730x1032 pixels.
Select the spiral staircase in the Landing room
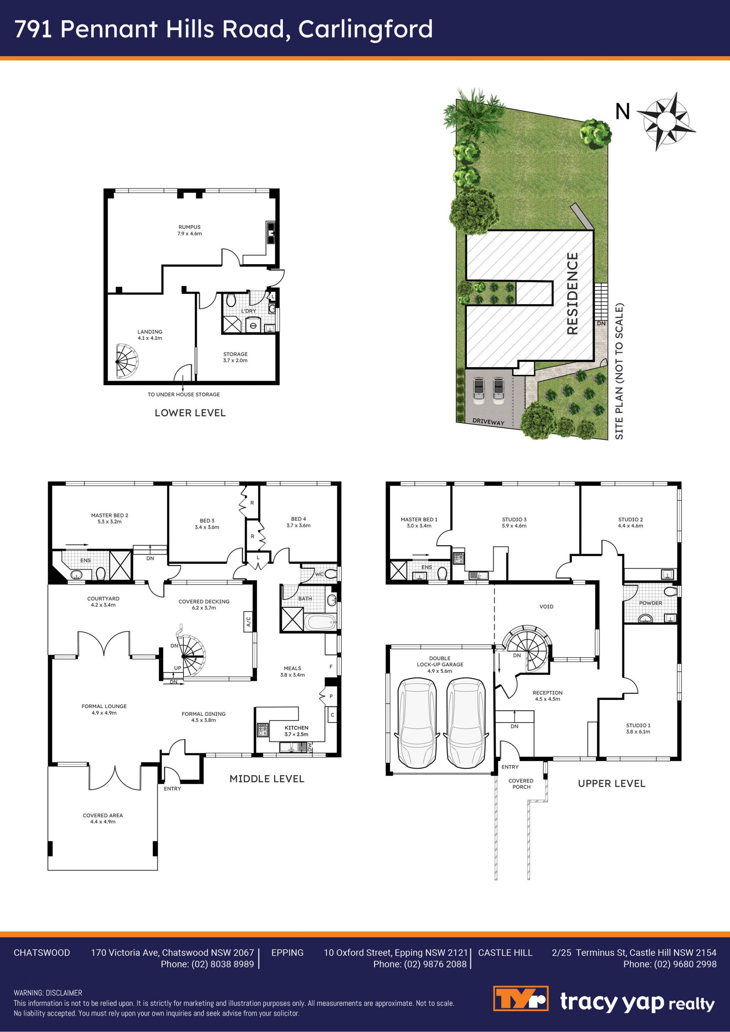[127, 361]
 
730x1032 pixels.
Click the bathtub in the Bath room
[321, 623]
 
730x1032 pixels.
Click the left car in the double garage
[417, 723]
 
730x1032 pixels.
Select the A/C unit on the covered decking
[248, 621]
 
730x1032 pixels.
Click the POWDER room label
[651, 603]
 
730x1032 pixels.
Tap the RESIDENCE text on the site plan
[572, 293]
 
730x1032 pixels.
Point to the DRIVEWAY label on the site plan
[488, 422]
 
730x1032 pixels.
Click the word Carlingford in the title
[365, 29]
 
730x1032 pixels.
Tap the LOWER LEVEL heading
[190, 413]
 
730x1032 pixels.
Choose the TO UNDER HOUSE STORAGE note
[184, 394]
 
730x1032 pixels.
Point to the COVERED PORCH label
[521, 784]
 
